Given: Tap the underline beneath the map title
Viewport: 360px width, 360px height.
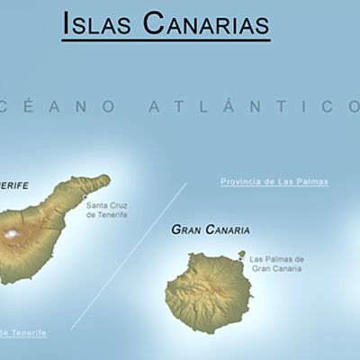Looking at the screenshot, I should (x=166, y=40).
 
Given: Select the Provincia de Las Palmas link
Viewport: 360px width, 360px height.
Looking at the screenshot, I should (x=274, y=182).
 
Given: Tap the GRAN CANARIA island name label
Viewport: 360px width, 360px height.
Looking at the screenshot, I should (x=211, y=230).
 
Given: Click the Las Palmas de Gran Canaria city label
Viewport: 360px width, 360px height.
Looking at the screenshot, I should (x=277, y=263).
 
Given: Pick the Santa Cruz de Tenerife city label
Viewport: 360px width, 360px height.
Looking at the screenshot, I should (x=106, y=210).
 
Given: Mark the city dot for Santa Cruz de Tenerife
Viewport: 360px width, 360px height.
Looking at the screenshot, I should (x=85, y=197).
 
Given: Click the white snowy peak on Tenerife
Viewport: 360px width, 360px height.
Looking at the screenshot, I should (x=12, y=235).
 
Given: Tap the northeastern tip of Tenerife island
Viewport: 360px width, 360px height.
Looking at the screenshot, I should (x=106, y=178).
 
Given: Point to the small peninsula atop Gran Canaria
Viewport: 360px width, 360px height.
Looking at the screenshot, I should (x=241, y=255).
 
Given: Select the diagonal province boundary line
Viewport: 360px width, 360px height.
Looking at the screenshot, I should (x=129, y=255).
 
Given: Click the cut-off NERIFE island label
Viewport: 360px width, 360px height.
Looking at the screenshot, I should (x=14, y=185).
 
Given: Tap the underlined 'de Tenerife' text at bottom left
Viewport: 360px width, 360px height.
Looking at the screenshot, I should (x=23, y=333).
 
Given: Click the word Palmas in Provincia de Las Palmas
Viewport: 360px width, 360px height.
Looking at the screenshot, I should (x=310, y=182).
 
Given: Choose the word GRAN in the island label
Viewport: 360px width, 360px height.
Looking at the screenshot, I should (x=185, y=230).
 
